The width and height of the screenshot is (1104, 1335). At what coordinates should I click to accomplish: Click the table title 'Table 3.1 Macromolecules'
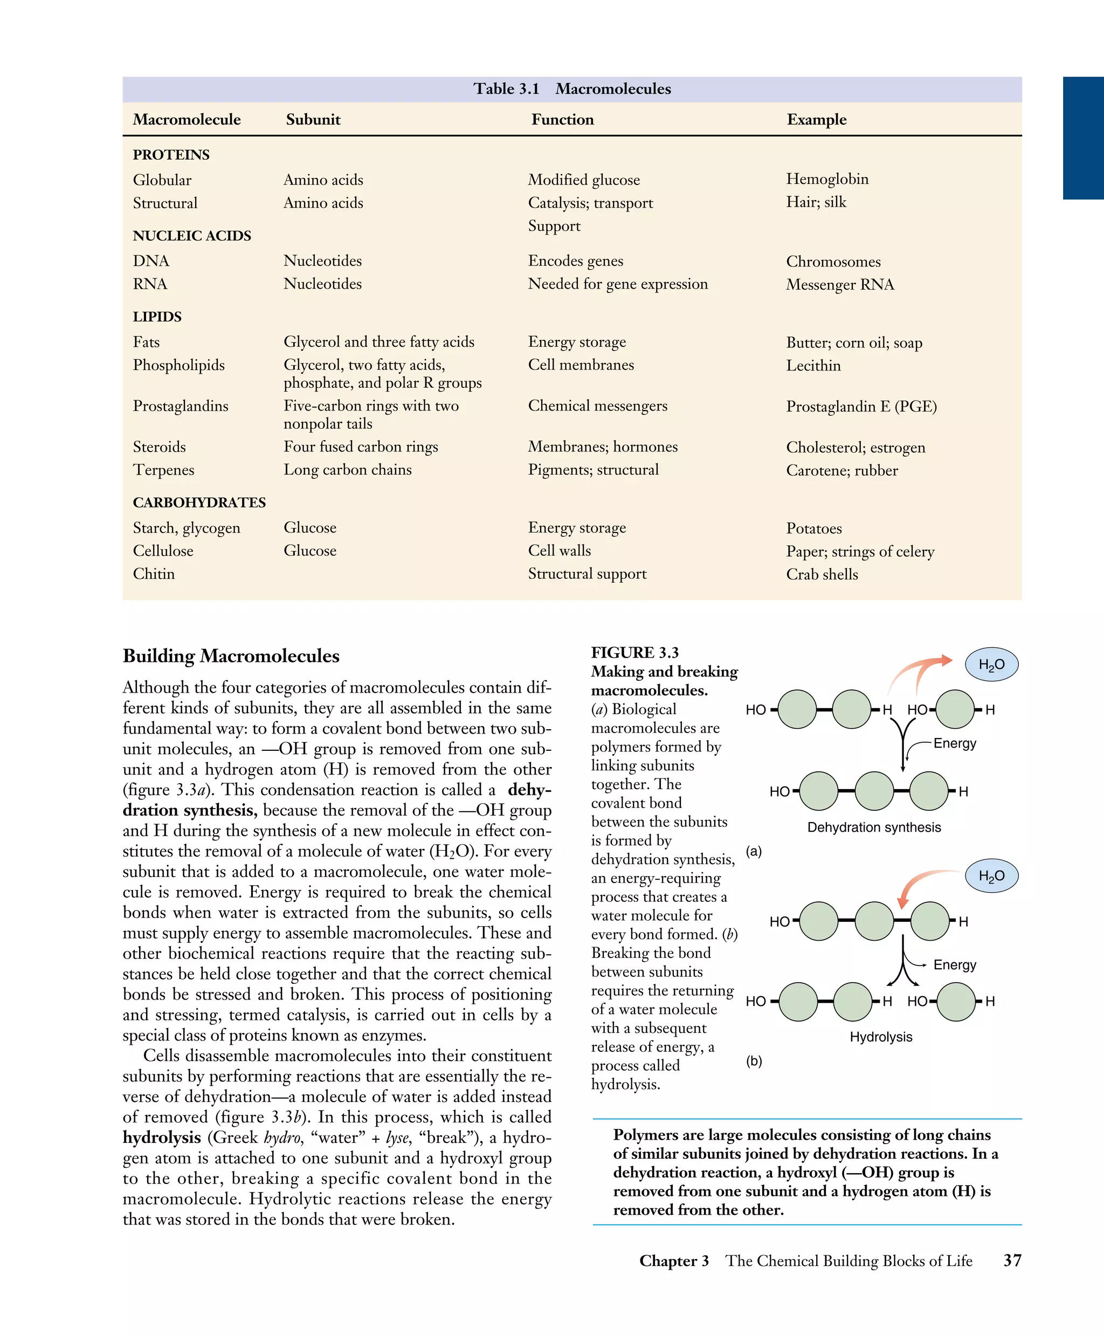(x=572, y=89)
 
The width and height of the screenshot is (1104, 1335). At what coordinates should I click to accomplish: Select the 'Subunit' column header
(x=313, y=120)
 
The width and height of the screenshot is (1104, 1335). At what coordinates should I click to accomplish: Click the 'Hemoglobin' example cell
(x=827, y=179)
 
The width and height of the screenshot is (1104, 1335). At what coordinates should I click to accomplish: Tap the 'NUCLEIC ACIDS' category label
(x=192, y=236)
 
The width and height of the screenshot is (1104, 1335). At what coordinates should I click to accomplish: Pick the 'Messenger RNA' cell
(x=840, y=285)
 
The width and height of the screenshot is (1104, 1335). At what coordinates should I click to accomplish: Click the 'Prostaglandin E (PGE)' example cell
(x=861, y=407)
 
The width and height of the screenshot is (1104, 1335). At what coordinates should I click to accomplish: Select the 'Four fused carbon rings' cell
(x=361, y=447)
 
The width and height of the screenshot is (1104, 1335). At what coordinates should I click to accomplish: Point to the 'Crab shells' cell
(x=822, y=574)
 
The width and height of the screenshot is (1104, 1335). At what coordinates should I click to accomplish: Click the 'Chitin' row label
(x=154, y=574)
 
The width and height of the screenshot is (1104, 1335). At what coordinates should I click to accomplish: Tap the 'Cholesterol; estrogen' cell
(x=855, y=448)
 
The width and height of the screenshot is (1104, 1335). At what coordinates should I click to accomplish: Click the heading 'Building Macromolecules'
(x=231, y=656)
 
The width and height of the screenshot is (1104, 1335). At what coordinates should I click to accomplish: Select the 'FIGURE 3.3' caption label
(x=634, y=653)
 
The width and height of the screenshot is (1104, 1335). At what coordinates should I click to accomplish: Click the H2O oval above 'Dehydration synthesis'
(x=991, y=665)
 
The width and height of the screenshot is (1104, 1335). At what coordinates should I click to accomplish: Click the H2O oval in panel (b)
(x=991, y=877)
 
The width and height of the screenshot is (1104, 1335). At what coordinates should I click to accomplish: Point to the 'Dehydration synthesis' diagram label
(x=874, y=827)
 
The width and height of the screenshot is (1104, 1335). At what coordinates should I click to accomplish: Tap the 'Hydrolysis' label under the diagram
(x=881, y=1037)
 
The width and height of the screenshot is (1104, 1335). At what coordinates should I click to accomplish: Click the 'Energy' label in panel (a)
(x=955, y=744)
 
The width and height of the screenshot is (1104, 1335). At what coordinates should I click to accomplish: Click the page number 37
(x=1012, y=1261)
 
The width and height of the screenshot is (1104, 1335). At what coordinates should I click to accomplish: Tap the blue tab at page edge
(x=1083, y=138)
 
